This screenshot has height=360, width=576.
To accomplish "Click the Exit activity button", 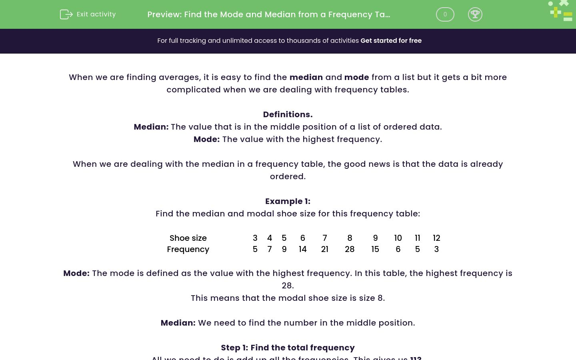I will point(88,14).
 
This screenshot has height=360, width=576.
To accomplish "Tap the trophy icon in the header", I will point(475,14).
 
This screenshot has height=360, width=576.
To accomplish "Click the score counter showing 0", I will point(445,14).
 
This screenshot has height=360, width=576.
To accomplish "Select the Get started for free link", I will point(391,41).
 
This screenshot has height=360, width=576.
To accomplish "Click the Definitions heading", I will point(288,114).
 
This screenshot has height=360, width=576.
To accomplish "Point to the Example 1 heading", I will point(288,201).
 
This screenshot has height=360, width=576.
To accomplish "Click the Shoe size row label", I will point(188,238).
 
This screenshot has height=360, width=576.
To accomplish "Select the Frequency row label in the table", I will point(188,249).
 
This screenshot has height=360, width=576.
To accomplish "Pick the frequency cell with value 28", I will point(350,249).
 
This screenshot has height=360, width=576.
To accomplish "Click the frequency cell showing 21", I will point(324,249).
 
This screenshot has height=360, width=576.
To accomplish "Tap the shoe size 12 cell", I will point(436,238).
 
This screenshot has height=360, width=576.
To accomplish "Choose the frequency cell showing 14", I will point(302,249).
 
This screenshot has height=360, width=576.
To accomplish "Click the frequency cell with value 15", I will point(375,249).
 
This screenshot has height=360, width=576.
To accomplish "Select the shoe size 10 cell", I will point(398,238).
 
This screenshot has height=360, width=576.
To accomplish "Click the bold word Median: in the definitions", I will point(151,127).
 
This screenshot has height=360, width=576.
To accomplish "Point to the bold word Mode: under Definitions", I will point(206,139).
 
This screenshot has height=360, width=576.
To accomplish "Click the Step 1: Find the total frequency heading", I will point(288,348).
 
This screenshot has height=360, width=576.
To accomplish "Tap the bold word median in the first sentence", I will point(306,77).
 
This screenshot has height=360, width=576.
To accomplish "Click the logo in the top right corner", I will point(561,11).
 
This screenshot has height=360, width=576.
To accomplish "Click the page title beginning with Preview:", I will point(268,14).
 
